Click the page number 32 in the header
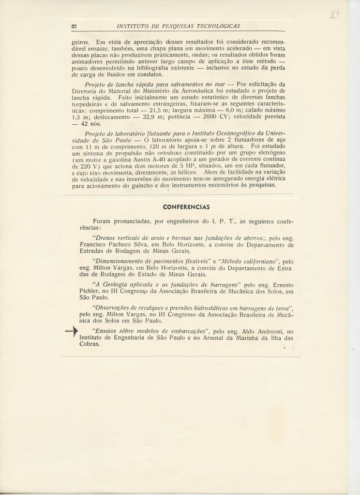pos(75,26)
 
